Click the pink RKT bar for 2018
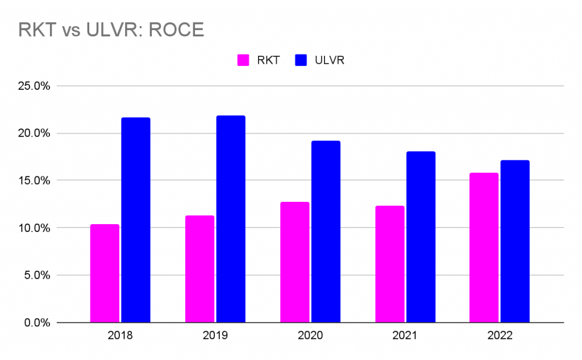pyautogui.click(x=105, y=274)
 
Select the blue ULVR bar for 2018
pyautogui.click(x=135, y=220)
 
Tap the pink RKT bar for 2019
pyautogui.click(x=199, y=269)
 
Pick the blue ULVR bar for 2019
pyautogui.click(x=230, y=219)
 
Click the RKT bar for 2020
pyautogui.click(x=294, y=262)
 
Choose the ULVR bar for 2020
pyautogui.click(x=325, y=231)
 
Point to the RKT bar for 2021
pyautogui.click(x=390, y=264)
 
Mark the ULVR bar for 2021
pyautogui.click(x=421, y=237)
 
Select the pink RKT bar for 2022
pyautogui.click(x=484, y=247)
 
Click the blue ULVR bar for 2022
pyautogui.click(x=515, y=241)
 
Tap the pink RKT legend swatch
pyautogui.click(x=243, y=60)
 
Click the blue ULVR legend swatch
pyautogui.click(x=301, y=60)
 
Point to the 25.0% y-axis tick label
pyautogui.click(x=35, y=86)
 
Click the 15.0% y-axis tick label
pyautogui.click(x=35, y=181)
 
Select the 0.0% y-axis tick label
pyautogui.click(x=38, y=322)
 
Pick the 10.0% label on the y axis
pyautogui.click(x=35, y=228)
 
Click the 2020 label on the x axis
pyautogui.click(x=310, y=336)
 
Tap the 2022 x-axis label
pyautogui.click(x=500, y=336)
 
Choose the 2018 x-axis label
pyautogui.click(x=120, y=336)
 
